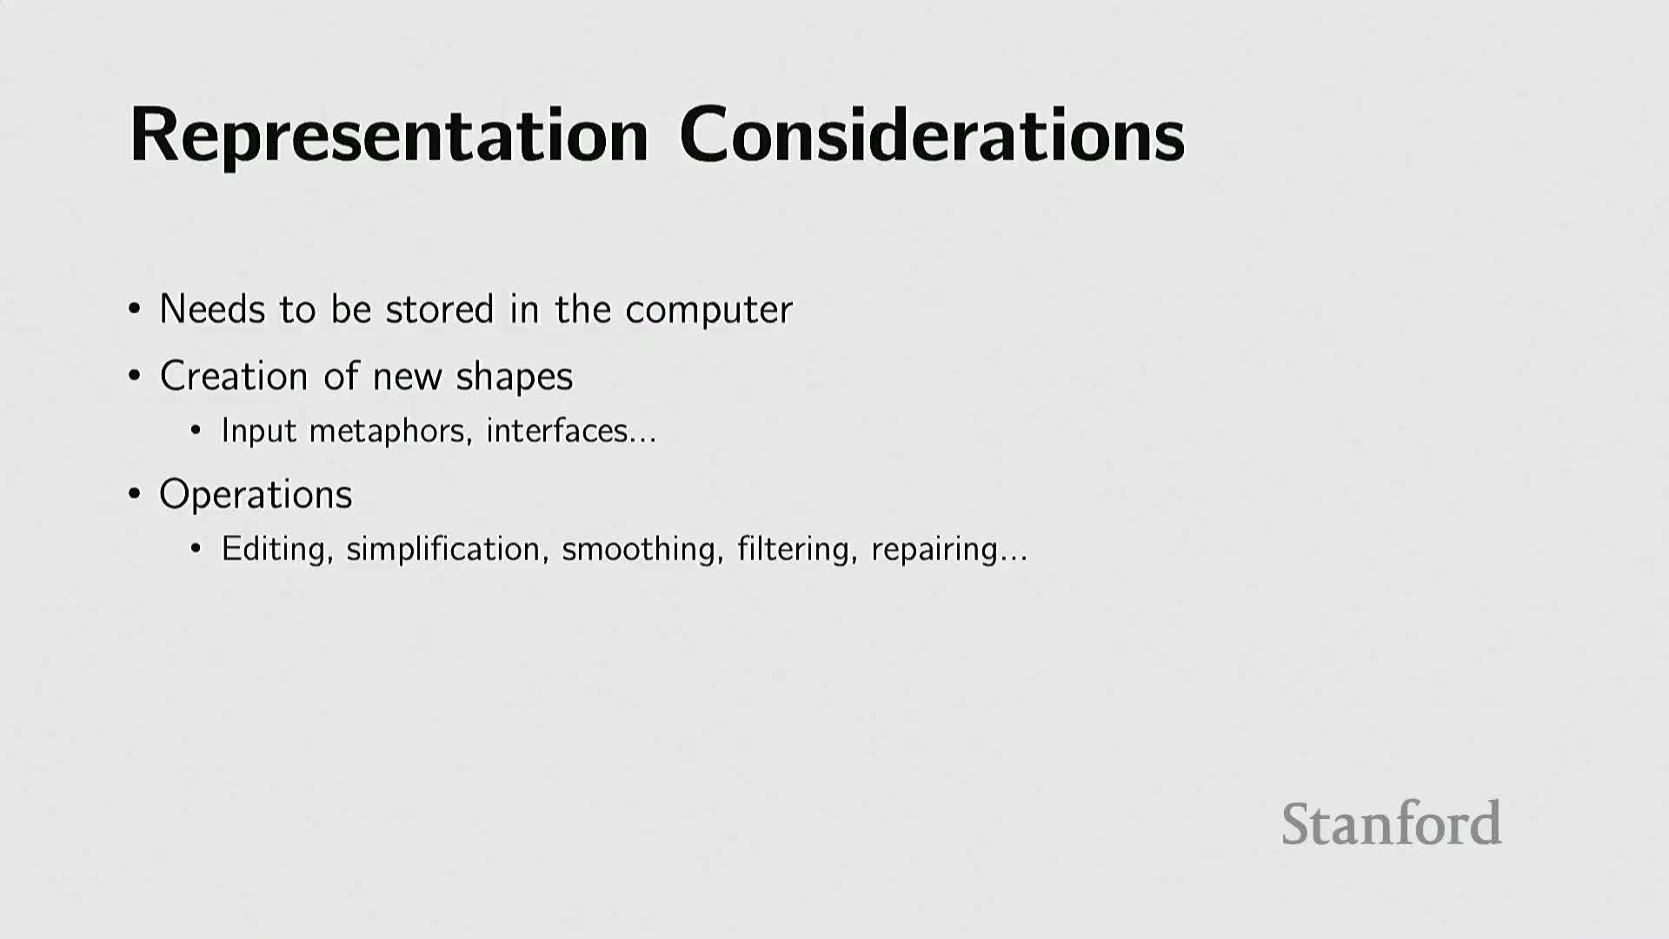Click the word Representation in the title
389,136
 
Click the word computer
708,310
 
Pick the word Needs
212,310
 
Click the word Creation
234,376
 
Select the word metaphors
391,431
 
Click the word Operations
256,496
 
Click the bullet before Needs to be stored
134,309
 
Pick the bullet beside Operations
134,494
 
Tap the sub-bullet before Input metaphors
196,430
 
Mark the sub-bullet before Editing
196,549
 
